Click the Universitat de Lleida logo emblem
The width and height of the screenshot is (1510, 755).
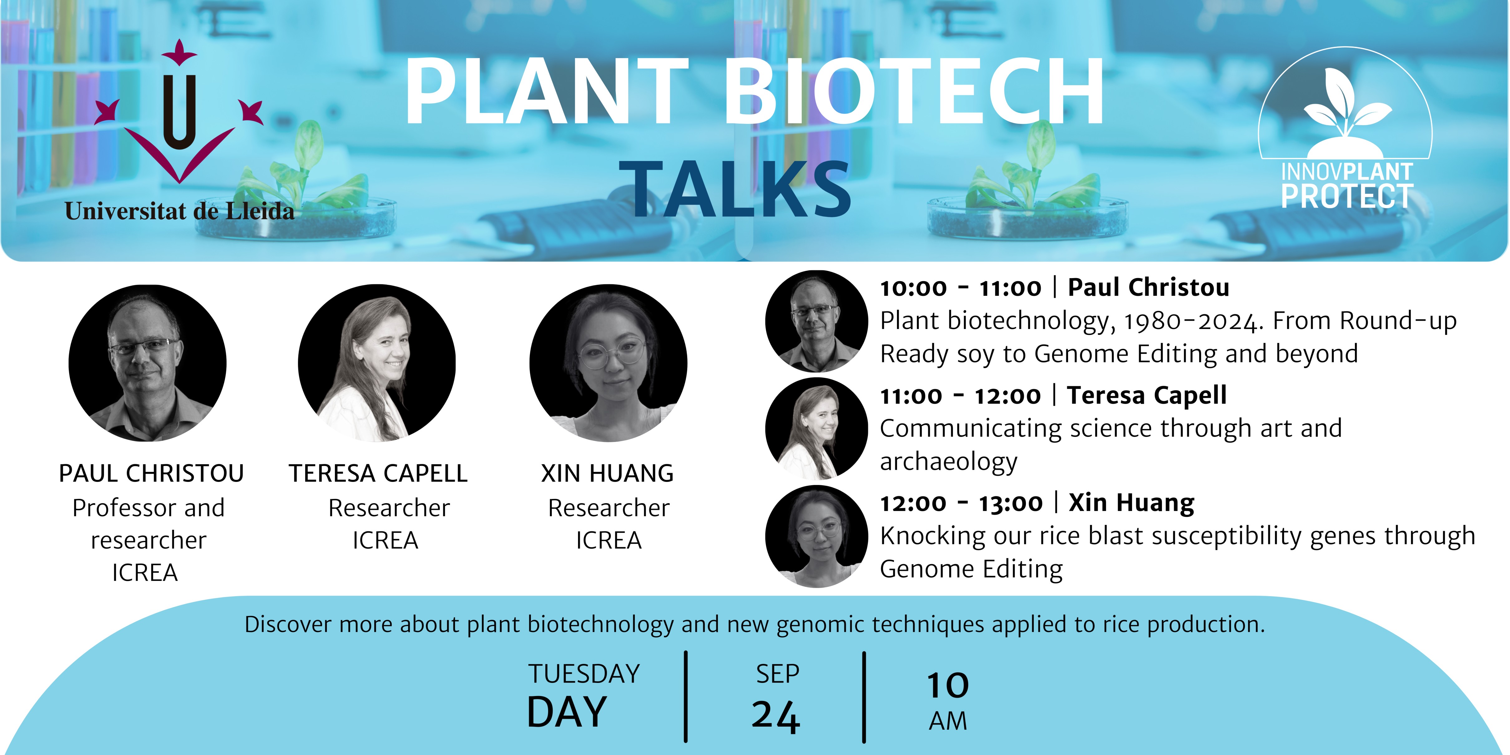[179, 111]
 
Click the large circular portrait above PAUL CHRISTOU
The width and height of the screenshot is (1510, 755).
[148, 363]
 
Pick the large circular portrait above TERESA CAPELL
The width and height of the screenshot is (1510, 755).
[377, 363]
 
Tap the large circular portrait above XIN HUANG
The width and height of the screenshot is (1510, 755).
[608, 363]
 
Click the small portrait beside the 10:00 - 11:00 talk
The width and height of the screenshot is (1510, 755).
[816, 321]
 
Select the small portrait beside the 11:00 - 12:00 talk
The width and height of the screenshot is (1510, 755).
[816, 429]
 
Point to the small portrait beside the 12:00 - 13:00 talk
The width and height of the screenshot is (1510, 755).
[816, 536]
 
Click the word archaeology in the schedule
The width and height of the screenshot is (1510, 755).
[949, 462]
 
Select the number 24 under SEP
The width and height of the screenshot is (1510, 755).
[776, 716]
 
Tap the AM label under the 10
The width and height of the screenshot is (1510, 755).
[948, 721]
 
